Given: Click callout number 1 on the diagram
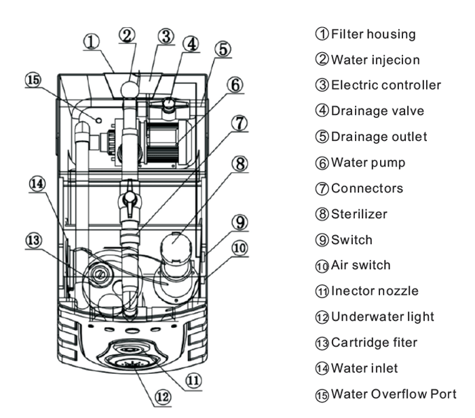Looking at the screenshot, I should tap(92, 40).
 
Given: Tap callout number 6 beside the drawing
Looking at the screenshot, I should tap(234, 85).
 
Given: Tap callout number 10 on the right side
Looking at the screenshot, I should tap(239, 249).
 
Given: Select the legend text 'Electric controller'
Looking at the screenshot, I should tap(385, 85).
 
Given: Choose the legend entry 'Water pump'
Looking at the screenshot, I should tap(368, 163).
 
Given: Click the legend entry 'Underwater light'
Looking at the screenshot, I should tap(383, 316).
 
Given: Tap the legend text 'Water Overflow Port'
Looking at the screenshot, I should tap(394, 394).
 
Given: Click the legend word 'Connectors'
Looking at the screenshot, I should tap(366, 188).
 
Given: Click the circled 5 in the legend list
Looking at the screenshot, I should tap(322, 137).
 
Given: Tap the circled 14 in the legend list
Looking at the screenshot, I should tap(322, 369).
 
